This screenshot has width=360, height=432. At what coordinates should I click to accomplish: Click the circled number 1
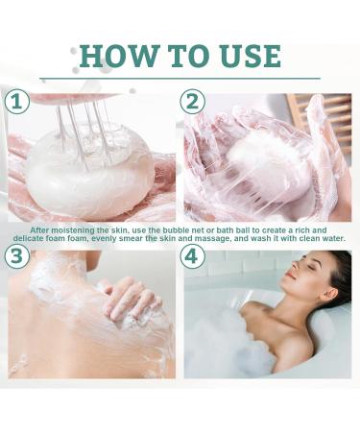click(17, 102)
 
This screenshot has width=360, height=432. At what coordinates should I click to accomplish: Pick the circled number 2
click(192, 102)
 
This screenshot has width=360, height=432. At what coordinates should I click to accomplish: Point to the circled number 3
click(17, 256)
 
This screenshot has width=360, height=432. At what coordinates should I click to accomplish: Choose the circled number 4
click(192, 256)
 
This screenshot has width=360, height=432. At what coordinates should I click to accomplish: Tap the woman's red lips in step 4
click(290, 276)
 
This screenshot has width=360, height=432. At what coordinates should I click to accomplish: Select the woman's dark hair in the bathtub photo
click(339, 278)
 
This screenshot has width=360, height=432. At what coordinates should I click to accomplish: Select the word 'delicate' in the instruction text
click(28, 239)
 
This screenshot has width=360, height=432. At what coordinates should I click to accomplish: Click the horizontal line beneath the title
click(180, 78)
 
